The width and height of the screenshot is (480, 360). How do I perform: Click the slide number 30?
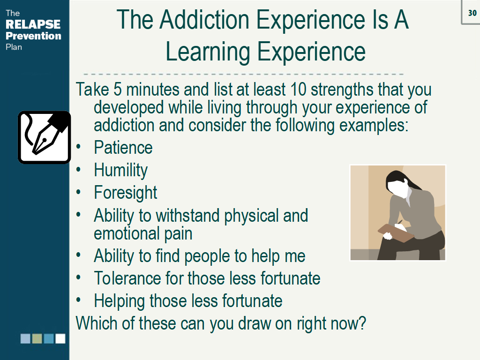tap(472, 13)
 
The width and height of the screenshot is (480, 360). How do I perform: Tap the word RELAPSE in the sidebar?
tap(33, 24)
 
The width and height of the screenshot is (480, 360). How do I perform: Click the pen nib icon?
tap(44, 137)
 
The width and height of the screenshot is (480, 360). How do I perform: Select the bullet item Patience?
tap(123, 148)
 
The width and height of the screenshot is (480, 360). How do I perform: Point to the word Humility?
tap(120, 170)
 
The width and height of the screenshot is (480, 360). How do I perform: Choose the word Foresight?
tap(125, 193)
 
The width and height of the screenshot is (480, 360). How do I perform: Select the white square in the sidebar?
tap(60, 338)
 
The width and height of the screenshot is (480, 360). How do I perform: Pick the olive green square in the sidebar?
tap(37, 338)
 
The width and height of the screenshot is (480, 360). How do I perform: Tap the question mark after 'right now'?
tap(361, 323)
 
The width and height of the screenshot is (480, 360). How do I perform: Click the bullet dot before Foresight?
tap(80, 192)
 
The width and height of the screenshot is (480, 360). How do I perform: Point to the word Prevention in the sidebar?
tap(33, 36)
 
